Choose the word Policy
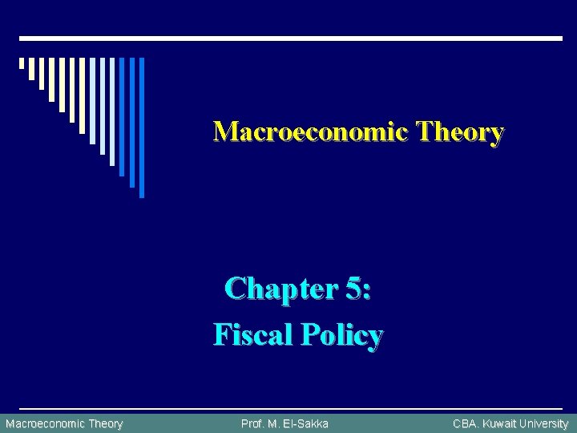(342, 334)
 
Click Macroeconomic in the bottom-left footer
(44, 423)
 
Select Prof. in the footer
(253, 423)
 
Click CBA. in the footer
(466, 423)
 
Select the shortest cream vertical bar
(22, 63)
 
